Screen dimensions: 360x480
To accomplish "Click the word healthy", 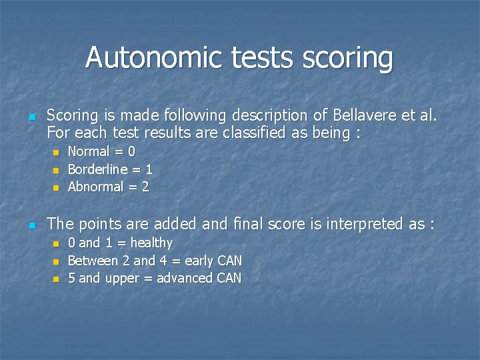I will pos(151,243).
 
